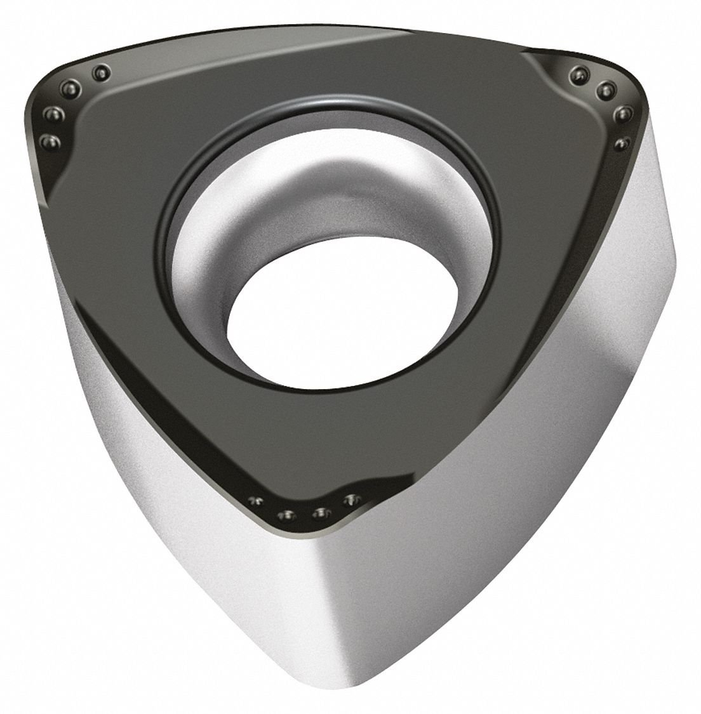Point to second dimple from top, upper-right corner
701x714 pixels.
coord(605,89)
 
